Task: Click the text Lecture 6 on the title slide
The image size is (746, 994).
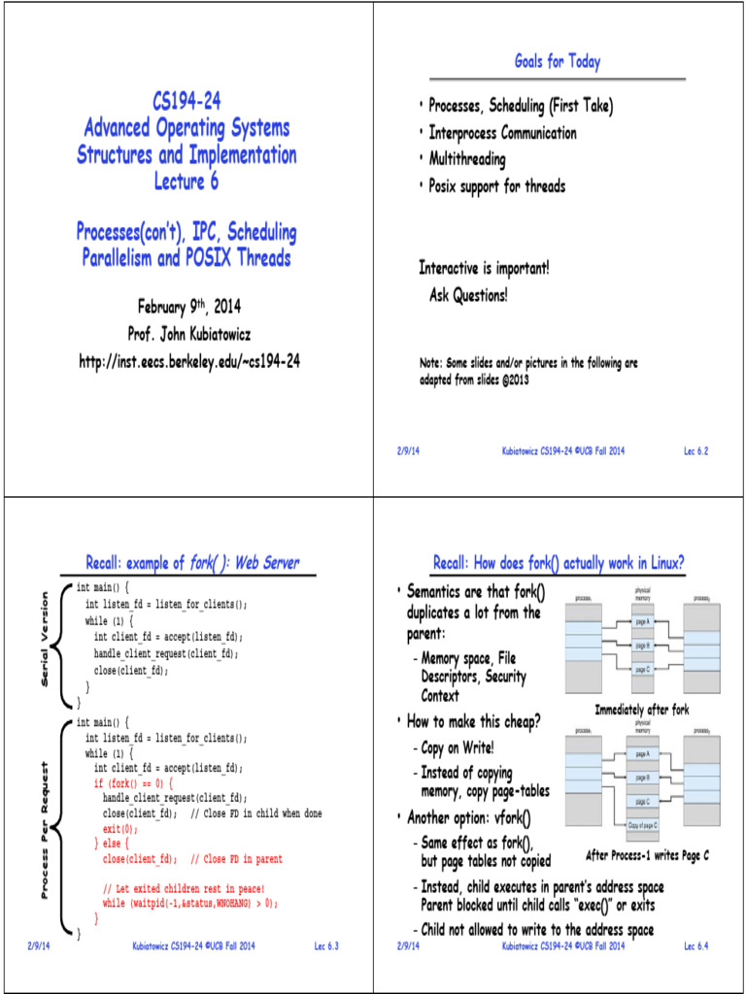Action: coord(186,182)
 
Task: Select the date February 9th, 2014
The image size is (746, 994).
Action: coord(186,307)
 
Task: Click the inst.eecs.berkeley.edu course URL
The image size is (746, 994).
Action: coord(189,361)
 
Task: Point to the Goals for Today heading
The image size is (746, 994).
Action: coord(558,62)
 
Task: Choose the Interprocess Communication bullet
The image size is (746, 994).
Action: coord(502,133)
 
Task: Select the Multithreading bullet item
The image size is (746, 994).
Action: coord(467,159)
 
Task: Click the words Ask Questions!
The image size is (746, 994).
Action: coord(468,294)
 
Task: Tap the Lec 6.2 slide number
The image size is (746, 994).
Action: coord(696,452)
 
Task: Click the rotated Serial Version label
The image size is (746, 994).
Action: coord(45,641)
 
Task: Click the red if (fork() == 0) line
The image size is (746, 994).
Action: coord(133,782)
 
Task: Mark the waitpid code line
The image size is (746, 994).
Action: coord(190,902)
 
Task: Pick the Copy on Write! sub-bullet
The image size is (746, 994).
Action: coord(457,747)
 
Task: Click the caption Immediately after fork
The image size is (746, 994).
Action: coord(641,710)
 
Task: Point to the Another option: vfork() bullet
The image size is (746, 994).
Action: coord(468,817)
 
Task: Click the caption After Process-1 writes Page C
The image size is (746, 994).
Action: coord(647,855)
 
